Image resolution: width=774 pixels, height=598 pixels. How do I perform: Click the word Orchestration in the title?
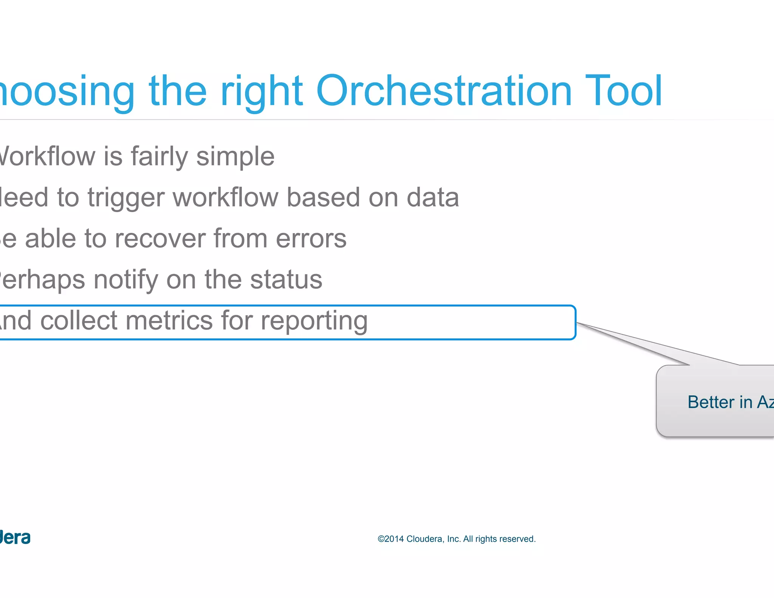[444, 91]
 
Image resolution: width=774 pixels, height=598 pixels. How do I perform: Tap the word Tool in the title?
[624, 91]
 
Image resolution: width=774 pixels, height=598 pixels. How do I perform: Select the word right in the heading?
[262, 93]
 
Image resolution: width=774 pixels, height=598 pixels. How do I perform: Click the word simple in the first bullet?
[235, 157]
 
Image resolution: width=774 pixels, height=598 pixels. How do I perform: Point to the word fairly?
[159, 157]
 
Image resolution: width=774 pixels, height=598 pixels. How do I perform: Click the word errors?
[311, 239]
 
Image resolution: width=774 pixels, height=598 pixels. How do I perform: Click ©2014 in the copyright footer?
[391, 539]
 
